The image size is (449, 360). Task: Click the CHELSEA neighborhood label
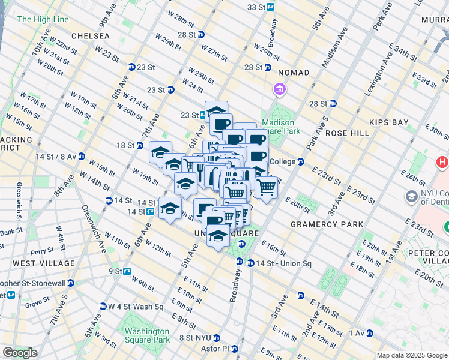click(x=90, y=36)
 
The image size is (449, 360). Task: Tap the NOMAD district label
click(x=294, y=73)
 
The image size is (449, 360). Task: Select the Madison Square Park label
click(x=278, y=127)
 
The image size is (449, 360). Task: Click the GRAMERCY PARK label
click(x=327, y=224)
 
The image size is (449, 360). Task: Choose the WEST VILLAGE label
click(x=44, y=263)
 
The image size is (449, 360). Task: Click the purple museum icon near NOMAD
click(x=279, y=89)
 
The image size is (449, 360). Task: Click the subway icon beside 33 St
click(x=271, y=7)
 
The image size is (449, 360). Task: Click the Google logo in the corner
click(x=20, y=352)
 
